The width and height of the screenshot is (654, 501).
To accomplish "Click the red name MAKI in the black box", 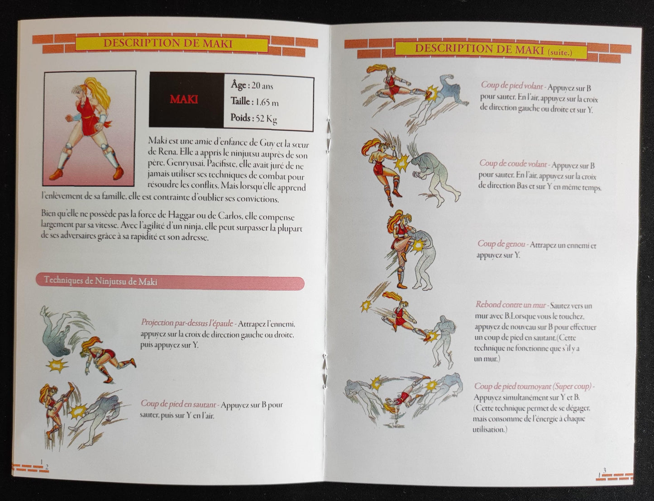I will coord(184,99).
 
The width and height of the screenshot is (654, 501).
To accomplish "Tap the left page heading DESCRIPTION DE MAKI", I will coord(167,43).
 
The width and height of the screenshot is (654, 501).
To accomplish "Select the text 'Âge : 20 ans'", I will coord(252,85).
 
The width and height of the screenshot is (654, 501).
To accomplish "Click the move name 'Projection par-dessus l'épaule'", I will coord(187,323).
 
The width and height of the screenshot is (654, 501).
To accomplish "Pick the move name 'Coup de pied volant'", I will coord(511,85).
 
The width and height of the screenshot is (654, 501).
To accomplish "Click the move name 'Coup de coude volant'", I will coord(512,165).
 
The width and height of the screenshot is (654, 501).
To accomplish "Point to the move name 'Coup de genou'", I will coord(501,244).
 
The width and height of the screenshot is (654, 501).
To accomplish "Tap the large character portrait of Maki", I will coord(90,129).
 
